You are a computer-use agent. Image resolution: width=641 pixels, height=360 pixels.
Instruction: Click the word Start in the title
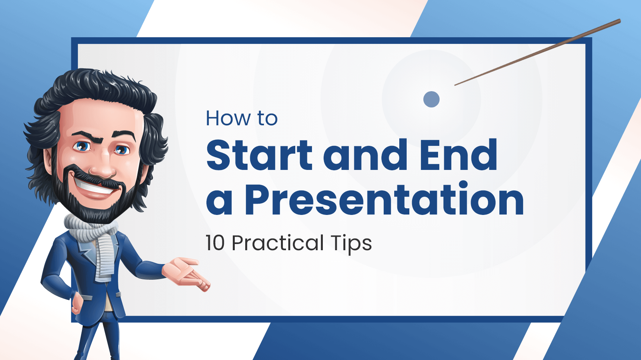coord(259,155)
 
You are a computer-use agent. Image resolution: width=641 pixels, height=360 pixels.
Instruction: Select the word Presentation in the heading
coord(384,199)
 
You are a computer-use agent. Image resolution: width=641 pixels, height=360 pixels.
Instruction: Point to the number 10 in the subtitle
coord(215,243)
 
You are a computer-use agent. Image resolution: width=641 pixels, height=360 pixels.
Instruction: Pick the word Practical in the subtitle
coord(277,243)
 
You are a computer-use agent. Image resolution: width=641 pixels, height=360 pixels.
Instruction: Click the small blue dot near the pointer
coord(431,99)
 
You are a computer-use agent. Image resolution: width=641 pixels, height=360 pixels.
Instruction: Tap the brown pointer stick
coord(537,52)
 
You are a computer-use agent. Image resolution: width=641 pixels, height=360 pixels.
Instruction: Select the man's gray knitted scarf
coord(94,243)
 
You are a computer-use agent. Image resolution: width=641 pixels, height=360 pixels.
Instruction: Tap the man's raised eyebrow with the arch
coord(88,136)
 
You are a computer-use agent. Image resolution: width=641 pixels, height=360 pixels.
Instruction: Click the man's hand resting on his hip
coord(77,303)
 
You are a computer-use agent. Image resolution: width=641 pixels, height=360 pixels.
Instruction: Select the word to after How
coord(267,119)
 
